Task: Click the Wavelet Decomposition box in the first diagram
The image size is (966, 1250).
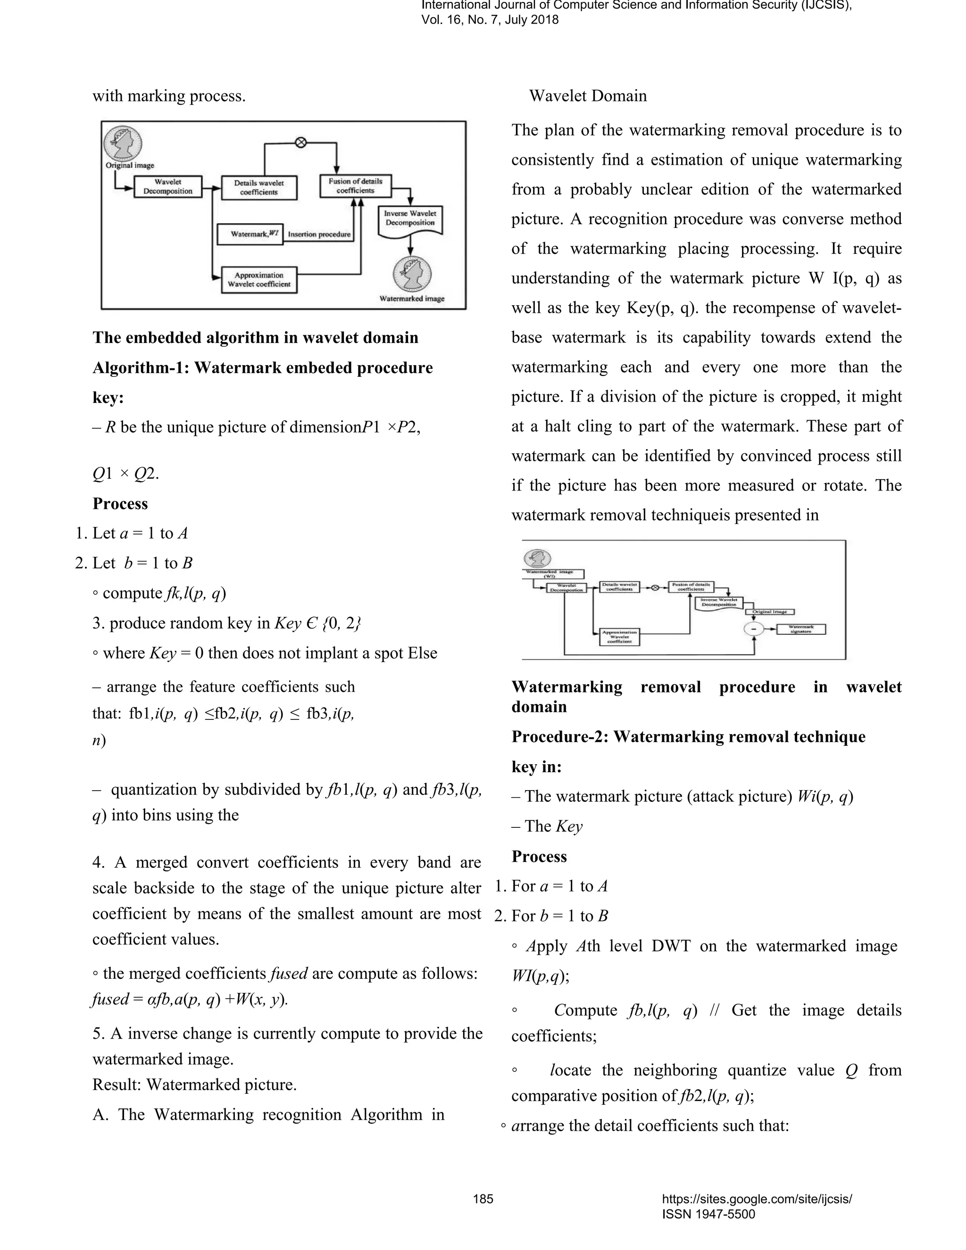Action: tap(167, 187)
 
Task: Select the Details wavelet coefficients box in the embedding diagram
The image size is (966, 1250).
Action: tap(258, 187)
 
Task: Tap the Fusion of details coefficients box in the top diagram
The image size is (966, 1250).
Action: tap(355, 185)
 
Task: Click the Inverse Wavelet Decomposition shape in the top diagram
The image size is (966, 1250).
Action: tap(410, 220)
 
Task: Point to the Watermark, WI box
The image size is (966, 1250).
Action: tap(250, 234)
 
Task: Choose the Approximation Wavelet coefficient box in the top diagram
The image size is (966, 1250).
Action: tap(259, 279)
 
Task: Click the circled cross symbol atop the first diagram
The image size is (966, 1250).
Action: tap(300, 142)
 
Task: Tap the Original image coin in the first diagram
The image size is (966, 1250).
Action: tap(123, 143)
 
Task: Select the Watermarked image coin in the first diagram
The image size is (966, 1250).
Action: tap(412, 275)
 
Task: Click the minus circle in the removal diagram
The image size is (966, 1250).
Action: tap(754, 628)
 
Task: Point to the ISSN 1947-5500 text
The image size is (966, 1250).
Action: tap(708, 1214)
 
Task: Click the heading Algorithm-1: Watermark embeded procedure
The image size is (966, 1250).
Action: tap(263, 367)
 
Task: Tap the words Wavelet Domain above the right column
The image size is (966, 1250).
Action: tap(588, 96)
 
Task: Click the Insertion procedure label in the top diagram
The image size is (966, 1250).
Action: tap(319, 234)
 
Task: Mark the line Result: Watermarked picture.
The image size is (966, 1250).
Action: tap(195, 1084)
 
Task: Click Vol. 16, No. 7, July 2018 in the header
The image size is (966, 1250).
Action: tap(490, 20)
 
